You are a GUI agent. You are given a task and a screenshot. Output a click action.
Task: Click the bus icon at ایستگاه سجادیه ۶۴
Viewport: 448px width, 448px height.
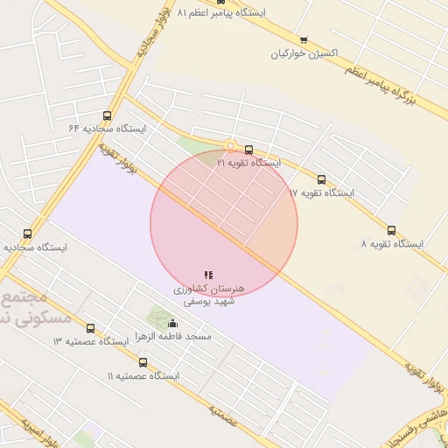point(108,115)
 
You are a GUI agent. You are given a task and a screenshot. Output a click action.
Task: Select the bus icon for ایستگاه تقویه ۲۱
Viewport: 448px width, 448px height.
point(249,150)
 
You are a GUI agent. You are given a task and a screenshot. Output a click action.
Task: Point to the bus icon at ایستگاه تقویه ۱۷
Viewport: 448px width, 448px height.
point(321,179)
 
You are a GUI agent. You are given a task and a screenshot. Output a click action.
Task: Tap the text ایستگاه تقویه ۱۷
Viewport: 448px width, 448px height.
point(321,192)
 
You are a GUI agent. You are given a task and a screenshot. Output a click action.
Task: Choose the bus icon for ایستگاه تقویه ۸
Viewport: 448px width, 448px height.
point(391,230)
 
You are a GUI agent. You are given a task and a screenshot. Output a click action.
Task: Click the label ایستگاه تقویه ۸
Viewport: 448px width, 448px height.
point(391,243)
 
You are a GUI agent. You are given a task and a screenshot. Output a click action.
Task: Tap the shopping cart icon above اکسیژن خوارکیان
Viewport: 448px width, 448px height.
point(304,40)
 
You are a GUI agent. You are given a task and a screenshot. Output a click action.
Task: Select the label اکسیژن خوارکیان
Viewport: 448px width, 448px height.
point(304,53)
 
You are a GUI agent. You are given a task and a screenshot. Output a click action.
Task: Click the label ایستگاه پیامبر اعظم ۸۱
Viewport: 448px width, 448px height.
point(221,13)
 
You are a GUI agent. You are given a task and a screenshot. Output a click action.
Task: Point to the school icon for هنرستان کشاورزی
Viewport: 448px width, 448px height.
point(208,275)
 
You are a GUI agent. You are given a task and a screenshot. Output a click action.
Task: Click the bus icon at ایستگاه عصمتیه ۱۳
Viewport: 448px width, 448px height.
point(90,328)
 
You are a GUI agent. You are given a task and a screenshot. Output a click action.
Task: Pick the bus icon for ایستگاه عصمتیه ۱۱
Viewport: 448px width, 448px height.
point(143,362)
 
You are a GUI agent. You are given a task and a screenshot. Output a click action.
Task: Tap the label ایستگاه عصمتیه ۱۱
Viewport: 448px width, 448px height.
point(143,375)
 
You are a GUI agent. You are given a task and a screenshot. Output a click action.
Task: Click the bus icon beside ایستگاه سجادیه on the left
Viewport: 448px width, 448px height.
point(27,234)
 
